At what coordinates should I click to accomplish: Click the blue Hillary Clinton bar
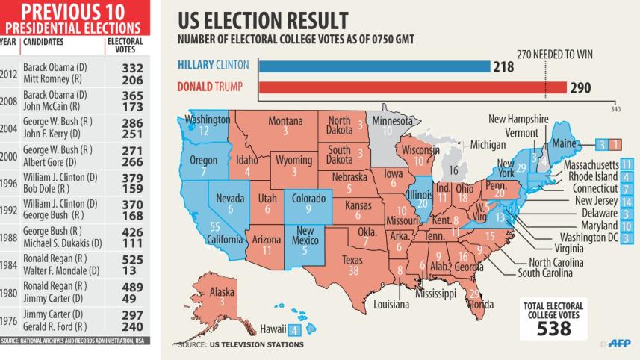tap(373, 66)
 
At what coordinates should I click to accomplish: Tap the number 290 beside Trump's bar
tap(580, 88)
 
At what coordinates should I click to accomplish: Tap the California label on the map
tap(224, 240)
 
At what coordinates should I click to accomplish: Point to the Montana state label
tap(285, 121)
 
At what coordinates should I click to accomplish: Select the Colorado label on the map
tap(308, 199)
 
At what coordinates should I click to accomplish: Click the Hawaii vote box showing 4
tap(295, 330)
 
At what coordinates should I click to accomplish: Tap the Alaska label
tap(222, 292)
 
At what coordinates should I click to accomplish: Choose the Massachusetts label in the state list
tap(591, 164)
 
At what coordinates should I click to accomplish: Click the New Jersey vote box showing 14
tap(626, 201)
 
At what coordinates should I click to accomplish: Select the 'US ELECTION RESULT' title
tap(262, 20)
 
